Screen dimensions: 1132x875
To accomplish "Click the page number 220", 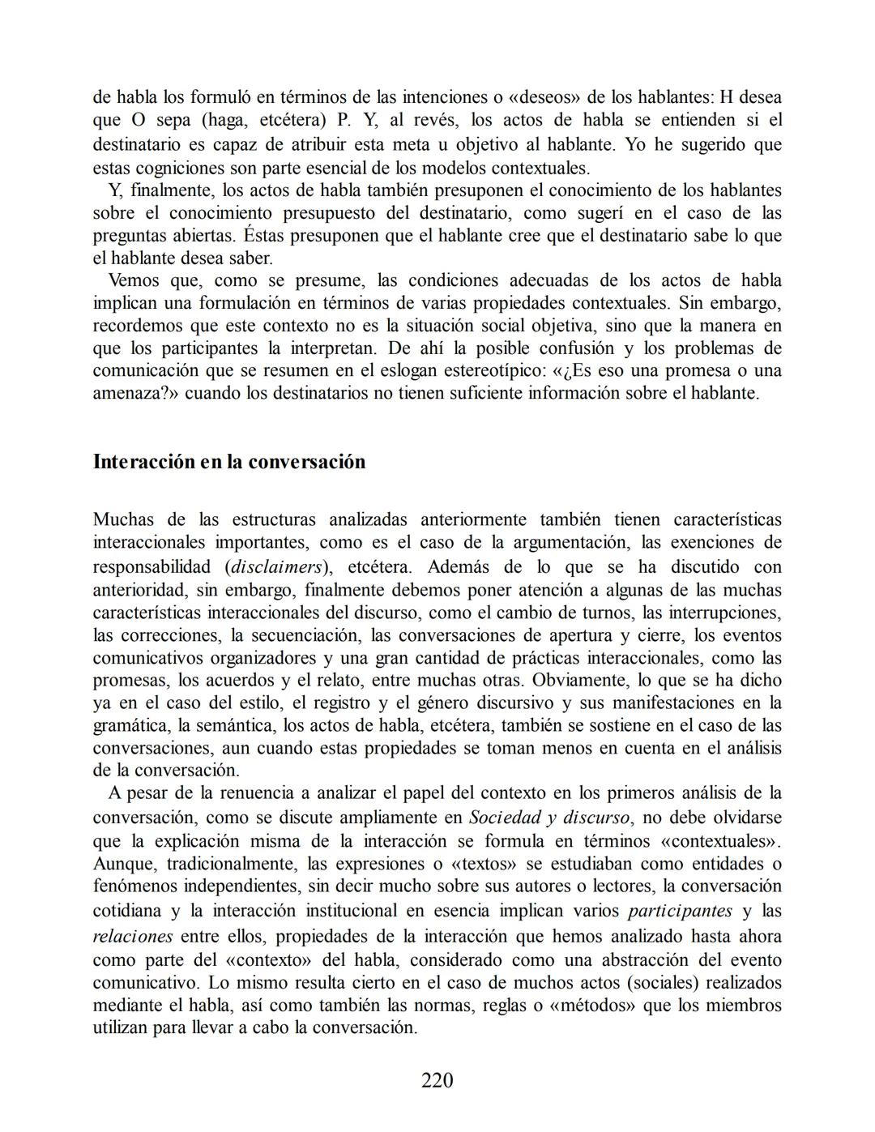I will click(437, 1080).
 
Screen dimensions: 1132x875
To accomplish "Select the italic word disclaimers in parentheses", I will click(275, 567).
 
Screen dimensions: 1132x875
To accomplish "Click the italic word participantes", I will click(680, 911).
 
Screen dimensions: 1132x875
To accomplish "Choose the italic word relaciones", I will click(133, 937).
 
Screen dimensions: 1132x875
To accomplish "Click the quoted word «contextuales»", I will click(719, 840).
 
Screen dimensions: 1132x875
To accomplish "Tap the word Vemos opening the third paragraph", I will click(134, 281).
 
